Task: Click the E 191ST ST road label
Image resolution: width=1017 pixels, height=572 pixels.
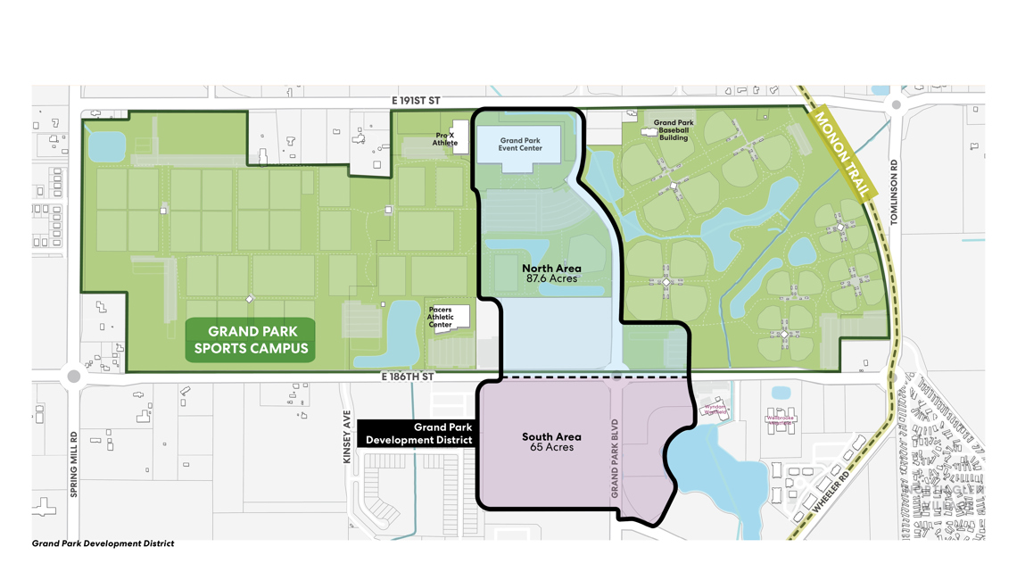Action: pyautogui.click(x=415, y=102)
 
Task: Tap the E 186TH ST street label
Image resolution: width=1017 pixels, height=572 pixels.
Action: pyautogui.click(x=407, y=377)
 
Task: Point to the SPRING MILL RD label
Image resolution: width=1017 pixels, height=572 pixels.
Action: pyautogui.click(x=74, y=464)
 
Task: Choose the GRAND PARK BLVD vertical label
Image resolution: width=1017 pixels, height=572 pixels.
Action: pyautogui.click(x=615, y=457)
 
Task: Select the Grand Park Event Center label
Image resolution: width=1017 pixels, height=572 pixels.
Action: pyautogui.click(x=520, y=145)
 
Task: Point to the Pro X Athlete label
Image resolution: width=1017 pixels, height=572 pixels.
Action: pyautogui.click(x=445, y=139)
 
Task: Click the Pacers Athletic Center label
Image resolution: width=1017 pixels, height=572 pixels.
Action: pyautogui.click(x=441, y=317)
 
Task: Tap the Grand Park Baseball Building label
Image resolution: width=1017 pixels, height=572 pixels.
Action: pyautogui.click(x=674, y=130)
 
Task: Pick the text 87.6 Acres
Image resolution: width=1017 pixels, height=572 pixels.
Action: pyautogui.click(x=551, y=278)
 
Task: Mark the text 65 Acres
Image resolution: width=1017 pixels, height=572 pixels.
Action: pyautogui.click(x=551, y=447)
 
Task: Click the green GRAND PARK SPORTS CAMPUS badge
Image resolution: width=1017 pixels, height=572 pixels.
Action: pyautogui.click(x=251, y=340)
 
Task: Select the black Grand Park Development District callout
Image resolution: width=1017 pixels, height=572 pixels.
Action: pyautogui.click(x=417, y=434)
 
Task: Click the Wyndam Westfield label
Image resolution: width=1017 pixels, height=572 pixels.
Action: pyautogui.click(x=715, y=410)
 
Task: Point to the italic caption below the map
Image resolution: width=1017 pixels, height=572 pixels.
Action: pyautogui.click(x=103, y=543)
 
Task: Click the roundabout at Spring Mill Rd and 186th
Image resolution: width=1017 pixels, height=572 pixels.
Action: pyautogui.click(x=74, y=377)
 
